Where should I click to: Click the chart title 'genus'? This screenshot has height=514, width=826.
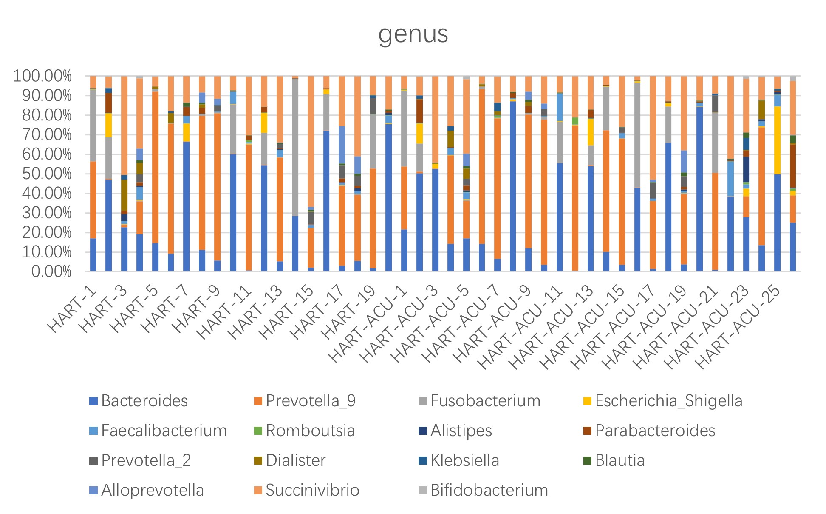[x=413, y=34]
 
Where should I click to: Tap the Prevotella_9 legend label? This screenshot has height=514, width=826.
[x=311, y=401]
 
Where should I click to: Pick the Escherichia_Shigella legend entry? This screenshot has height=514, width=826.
[x=668, y=401]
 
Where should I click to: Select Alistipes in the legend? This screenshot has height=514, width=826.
[x=461, y=431]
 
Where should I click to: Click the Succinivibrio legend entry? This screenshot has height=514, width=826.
[x=312, y=490]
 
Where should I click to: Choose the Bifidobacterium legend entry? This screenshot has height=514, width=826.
[x=489, y=490]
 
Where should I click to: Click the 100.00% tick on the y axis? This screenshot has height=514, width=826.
[x=42, y=77]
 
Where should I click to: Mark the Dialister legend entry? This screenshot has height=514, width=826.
[x=296, y=460]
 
